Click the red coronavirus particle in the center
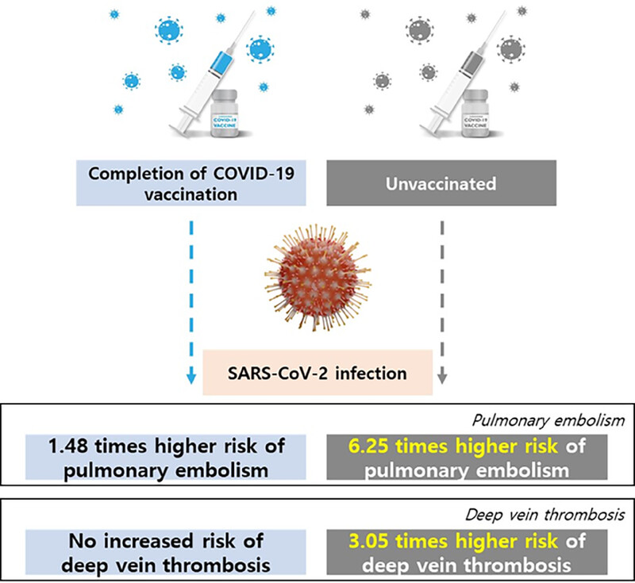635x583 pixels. (317, 278)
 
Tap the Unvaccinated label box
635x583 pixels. (441, 183)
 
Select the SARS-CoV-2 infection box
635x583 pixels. (317, 372)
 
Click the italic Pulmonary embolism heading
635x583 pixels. (548, 420)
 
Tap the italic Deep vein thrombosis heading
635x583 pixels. (545, 515)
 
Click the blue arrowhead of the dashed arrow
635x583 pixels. (191, 378)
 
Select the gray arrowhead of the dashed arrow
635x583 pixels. (442, 378)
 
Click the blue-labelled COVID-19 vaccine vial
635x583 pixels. (225, 113)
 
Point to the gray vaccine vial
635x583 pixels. (475, 113)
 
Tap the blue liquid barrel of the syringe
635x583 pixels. (221, 64)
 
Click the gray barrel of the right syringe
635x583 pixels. (472, 64)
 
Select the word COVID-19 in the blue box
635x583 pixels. (253, 174)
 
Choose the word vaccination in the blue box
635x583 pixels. (191, 194)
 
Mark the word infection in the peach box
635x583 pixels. (371, 373)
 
